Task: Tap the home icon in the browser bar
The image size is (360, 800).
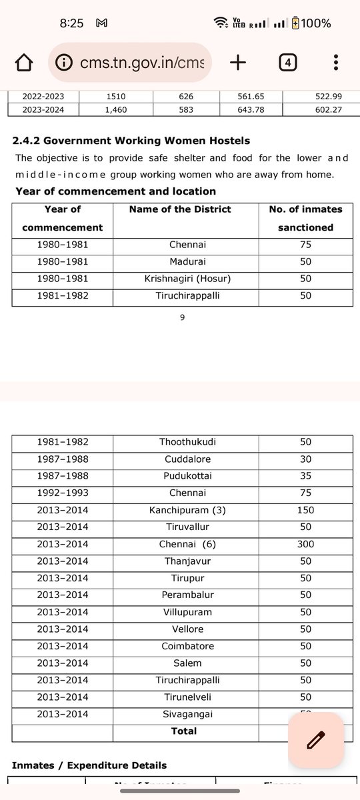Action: coord(24,63)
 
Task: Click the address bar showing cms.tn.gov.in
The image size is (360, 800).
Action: coord(130,63)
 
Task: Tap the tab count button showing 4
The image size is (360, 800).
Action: coord(287,63)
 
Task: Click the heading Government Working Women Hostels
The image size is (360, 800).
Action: coord(131,141)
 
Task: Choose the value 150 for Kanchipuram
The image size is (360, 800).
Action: coord(305,511)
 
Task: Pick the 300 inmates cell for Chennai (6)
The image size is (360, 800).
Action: coord(305,545)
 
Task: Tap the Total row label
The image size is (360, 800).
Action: coord(183,731)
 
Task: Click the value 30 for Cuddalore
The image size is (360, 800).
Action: coord(305,459)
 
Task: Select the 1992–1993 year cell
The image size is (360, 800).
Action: coord(63,493)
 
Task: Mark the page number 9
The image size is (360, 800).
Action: coord(182,318)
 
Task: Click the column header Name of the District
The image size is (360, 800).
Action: coord(180,209)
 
